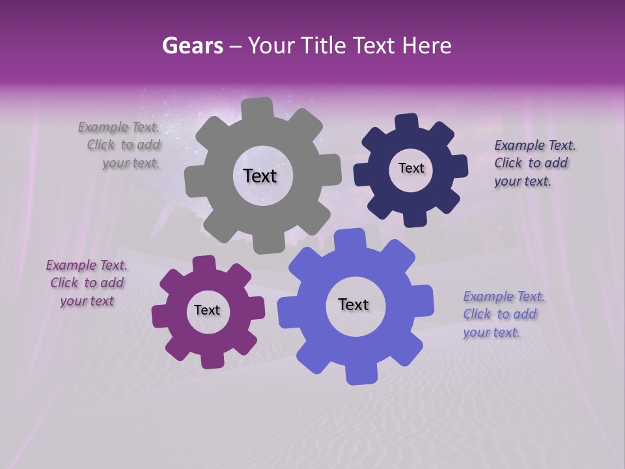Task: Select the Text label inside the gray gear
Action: tap(260, 176)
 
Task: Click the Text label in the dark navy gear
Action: tap(411, 168)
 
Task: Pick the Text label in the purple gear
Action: tap(207, 310)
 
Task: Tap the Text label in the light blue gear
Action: tap(354, 304)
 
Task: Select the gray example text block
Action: tap(121, 145)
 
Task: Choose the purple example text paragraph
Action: tap(87, 283)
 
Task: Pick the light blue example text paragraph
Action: tap(503, 314)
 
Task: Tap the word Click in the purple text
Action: tap(64, 283)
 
